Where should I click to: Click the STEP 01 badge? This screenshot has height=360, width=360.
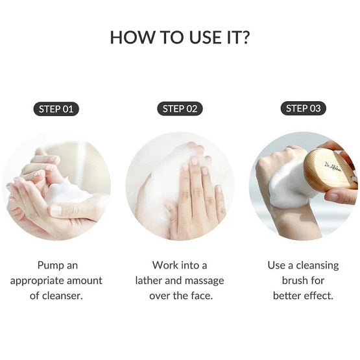point(56,109)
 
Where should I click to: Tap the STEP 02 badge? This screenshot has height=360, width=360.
point(180,108)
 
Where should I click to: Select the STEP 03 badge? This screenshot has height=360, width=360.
point(304,108)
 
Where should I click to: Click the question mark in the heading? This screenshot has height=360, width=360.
point(245,37)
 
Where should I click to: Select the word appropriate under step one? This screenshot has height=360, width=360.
point(37,282)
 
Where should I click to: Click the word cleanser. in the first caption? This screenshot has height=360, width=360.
point(62,296)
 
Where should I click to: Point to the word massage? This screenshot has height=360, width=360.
point(204,282)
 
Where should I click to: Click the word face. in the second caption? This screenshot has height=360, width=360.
point(202,296)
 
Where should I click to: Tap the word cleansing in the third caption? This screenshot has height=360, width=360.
point(317,266)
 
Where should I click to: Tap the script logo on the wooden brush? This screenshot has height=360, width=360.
point(333,167)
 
